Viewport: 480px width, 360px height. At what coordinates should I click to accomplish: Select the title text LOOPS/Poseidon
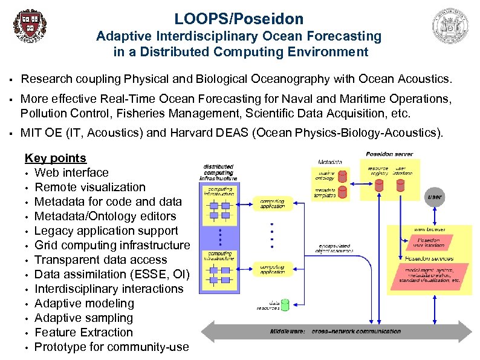239,19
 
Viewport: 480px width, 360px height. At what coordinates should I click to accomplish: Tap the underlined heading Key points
56,158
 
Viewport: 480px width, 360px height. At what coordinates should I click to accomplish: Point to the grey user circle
434,197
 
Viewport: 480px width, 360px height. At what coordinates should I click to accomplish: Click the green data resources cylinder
285,304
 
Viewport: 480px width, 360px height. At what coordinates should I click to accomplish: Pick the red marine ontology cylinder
342,176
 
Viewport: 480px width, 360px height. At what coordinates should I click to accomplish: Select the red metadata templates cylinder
342,192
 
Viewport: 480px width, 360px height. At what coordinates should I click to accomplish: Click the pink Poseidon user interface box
430,243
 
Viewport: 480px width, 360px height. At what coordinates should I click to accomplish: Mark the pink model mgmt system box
430,275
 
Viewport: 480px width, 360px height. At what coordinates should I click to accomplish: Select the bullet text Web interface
71,172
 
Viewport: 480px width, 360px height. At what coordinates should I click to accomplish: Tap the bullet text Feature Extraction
83,332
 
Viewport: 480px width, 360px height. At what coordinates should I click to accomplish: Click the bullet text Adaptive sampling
83,318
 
